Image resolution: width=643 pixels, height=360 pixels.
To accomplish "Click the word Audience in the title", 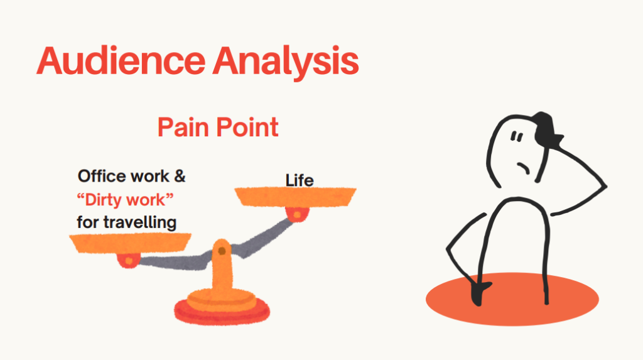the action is point(121,61).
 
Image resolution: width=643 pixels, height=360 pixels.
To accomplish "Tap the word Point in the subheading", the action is point(247,128).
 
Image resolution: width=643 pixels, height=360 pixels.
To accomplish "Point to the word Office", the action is point(102,176).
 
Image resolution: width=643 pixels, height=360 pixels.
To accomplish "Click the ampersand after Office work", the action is point(180,176).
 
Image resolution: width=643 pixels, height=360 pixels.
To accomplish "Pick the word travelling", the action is point(140,222).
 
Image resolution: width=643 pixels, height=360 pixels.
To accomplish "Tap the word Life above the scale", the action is point(300,180).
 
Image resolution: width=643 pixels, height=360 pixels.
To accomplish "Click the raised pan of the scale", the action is point(295,197).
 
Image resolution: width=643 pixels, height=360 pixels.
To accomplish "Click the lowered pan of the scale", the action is point(130,243).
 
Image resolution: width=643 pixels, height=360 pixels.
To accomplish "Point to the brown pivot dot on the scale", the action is point(222,251).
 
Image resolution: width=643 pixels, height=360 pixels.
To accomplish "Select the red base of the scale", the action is point(222,313).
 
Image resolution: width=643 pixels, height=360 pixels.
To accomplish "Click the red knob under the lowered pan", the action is point(129,261).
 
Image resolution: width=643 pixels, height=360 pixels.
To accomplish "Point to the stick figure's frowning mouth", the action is point(524,168).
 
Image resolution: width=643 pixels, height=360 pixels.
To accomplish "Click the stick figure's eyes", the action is point(517,136).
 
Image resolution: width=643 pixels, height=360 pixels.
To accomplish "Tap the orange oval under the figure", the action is point(512,299).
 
